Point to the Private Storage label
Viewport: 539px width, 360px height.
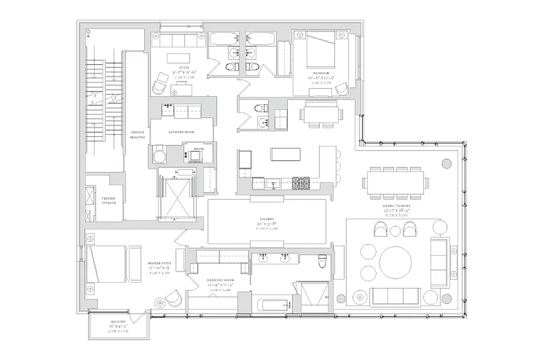tap(109, 199)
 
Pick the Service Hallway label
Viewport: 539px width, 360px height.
tap(137, 134)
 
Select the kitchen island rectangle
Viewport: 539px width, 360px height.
tap(285, 154)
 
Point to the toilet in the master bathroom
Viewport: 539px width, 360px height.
tap(323, 261)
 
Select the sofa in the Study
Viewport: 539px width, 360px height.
tap(177, 41)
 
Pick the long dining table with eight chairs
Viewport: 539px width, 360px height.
tap(395, 182)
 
